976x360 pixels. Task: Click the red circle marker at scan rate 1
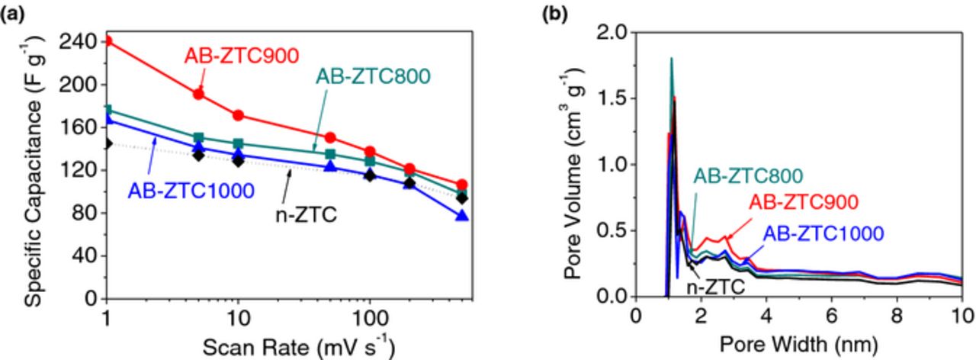(x=108, y=40)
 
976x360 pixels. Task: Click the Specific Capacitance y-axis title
(x=32, y=169)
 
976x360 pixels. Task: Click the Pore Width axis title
(x=797, y=344)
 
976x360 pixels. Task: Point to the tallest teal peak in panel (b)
(x=671, y=58)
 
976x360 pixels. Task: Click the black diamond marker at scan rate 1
(x=108, y=143)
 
